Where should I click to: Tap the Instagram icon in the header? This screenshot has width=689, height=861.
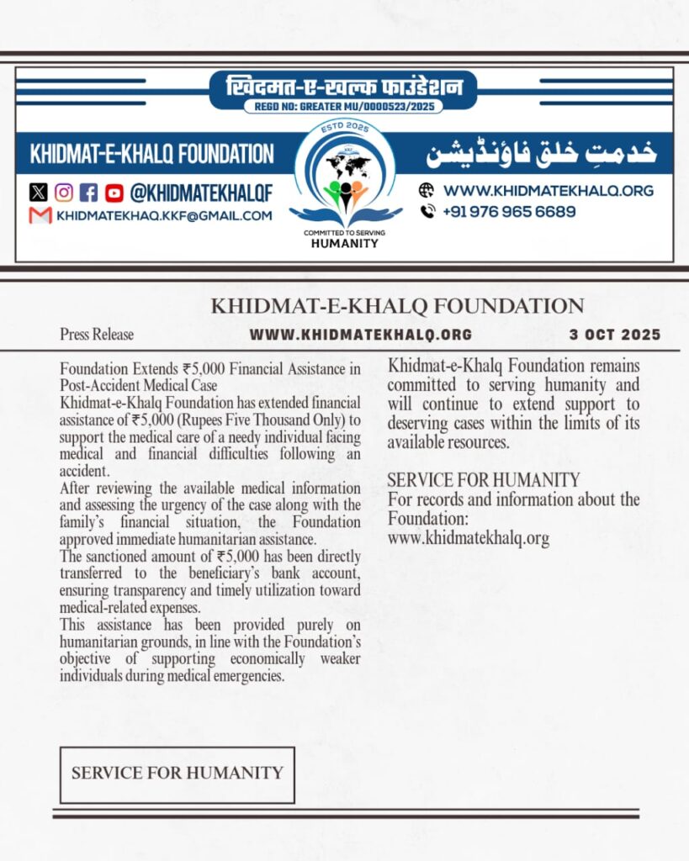(x=64, y=193)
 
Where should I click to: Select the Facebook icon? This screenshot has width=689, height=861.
(x=89, y=193)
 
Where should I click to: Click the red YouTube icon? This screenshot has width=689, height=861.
(x=114, y=193)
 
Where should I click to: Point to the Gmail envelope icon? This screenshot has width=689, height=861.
(x=40, y=215)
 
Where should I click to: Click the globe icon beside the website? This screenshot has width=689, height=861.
(x=427, y=190)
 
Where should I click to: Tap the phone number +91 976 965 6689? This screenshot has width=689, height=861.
(x=510, y=212)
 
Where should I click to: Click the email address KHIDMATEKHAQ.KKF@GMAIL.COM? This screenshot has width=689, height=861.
(x=164, y=216)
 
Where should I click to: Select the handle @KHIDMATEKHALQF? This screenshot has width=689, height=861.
(x=200, y=193)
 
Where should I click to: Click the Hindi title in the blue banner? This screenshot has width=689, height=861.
(x=343, y=87)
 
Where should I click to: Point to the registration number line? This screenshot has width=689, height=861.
(x=343, y=107)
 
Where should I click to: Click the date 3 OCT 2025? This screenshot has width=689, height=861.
(x=615, y=334)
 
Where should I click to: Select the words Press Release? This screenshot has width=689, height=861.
(x=96, y=335)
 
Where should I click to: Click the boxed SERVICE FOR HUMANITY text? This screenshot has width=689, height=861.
(x=177, y=774)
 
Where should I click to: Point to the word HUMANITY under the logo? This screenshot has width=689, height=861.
(x=345, y=243)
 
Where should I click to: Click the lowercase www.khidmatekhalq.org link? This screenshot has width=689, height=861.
(x=468, y=539)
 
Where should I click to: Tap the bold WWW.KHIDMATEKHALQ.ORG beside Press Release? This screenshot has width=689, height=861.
(x=360, y=335)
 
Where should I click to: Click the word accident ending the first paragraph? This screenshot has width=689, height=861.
(x=86, y=472)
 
